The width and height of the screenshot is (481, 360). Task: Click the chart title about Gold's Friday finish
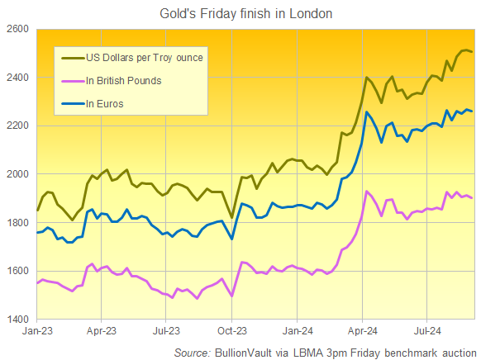point(240,13)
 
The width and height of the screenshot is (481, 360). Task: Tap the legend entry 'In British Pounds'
point(124,81)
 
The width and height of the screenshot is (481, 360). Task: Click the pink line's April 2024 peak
point(366,192)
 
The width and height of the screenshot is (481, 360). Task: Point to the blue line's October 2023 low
point(232,239)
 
